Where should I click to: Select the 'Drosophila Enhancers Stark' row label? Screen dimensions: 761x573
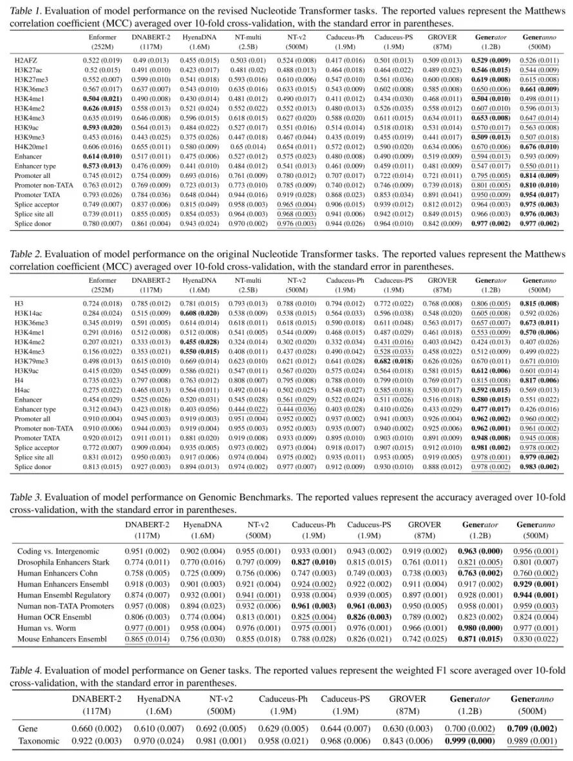click(x=61, y=562)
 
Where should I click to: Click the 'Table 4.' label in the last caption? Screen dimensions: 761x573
click(x=26, y=670)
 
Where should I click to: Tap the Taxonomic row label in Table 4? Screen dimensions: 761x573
click(x=38, y=741)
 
